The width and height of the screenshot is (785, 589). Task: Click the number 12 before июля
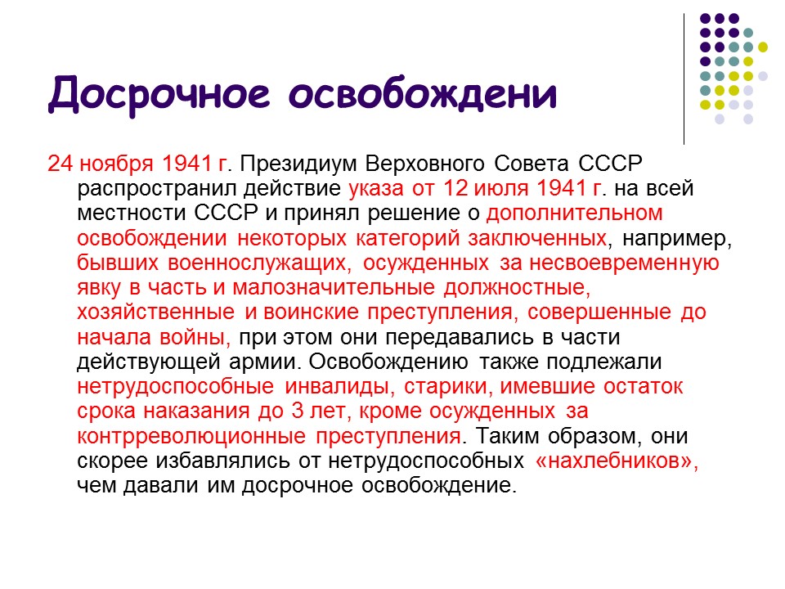tap(455, 189)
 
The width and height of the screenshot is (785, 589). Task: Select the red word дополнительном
tap(573, 214)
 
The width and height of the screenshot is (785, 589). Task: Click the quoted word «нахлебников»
tap(617, 461)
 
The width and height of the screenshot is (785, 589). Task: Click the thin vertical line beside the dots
tap(684, 78)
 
